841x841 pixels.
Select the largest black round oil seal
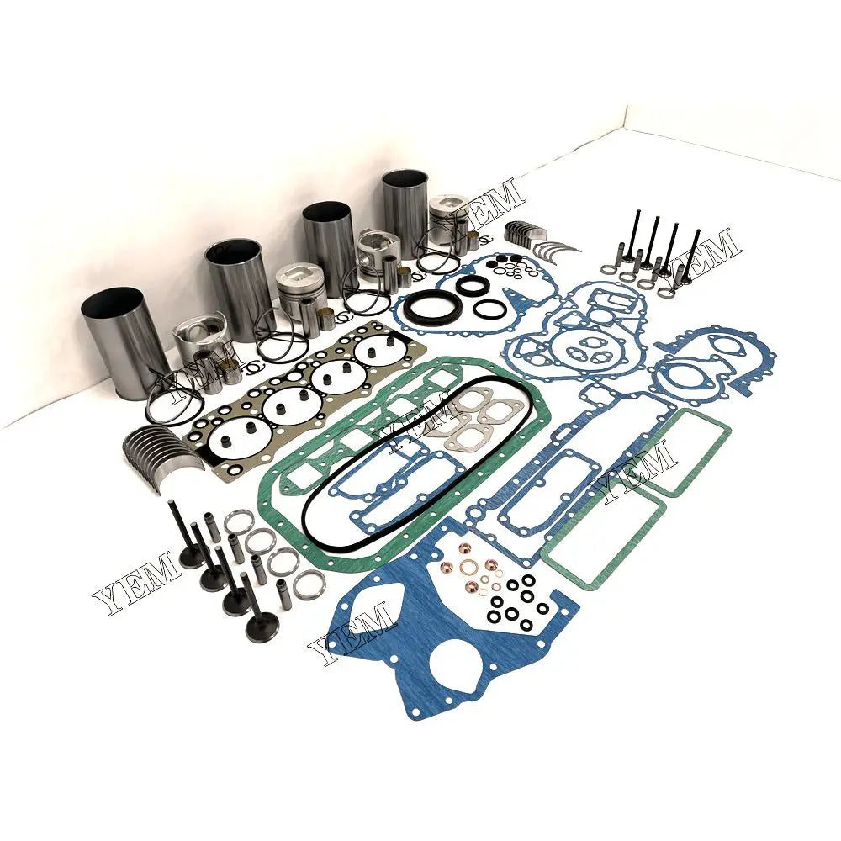(431, 308)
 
